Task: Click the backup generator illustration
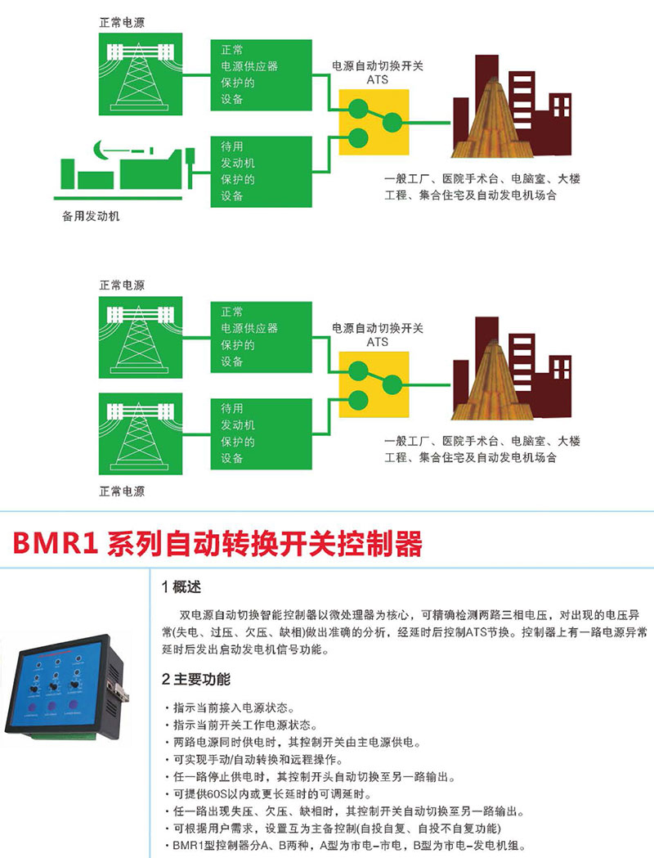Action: (x=126, y=168)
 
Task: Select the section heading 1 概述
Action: (x=181, y=587)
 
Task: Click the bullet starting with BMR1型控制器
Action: (x=343, y=846)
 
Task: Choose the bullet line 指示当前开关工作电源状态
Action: (x=240, y=725)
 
